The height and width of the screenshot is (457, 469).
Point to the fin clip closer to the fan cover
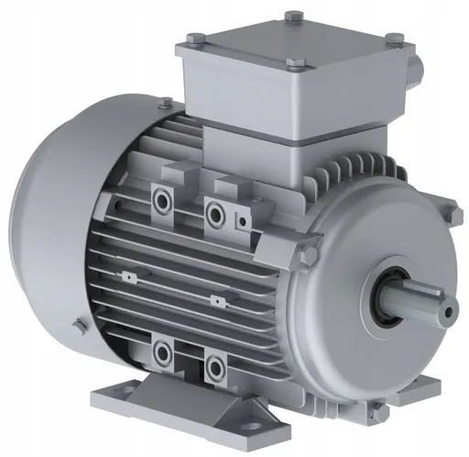125,276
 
